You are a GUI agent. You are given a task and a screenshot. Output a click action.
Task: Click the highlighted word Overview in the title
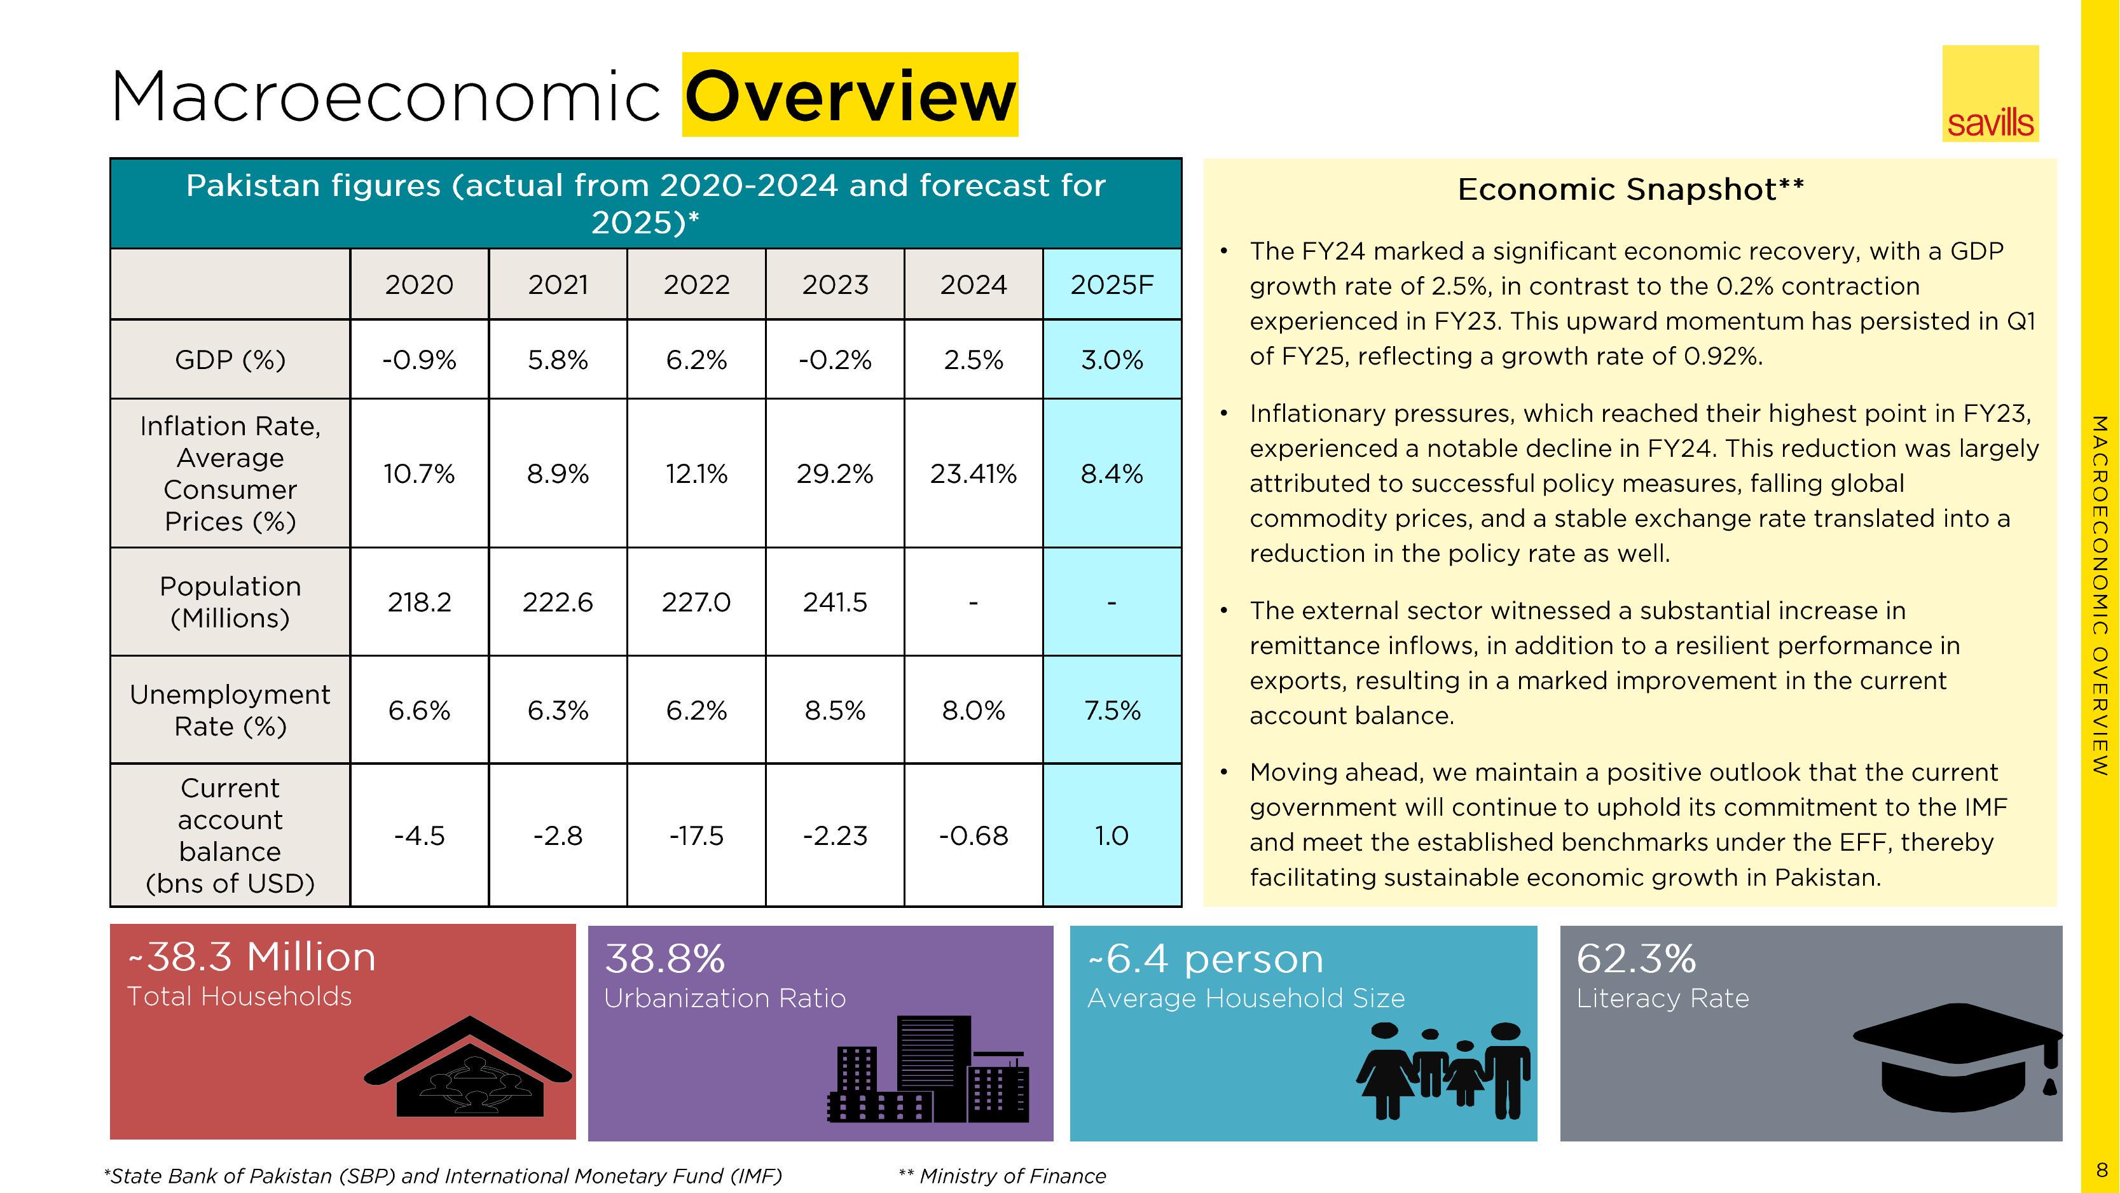pyautogui.click(x=850, y=95)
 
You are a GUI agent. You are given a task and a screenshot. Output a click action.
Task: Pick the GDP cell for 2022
pyautogui.click(x=696, y=359)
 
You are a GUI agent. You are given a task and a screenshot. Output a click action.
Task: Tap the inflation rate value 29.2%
pyautogui.click(x=834, y=474)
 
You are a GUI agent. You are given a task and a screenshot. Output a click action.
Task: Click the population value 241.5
pyautogui.click(x=834, y=603)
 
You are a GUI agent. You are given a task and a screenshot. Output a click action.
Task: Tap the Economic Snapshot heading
pyautogui.click(x=1630, y=190)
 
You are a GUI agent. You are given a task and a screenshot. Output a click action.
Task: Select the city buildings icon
pyautogui.click(x=928, y=1070)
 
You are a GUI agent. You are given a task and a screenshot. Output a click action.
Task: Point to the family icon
pyautogui.click(x=1443, y=1070)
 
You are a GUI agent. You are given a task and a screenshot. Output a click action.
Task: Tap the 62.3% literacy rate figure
pyautogui.click(x=1636, y=958)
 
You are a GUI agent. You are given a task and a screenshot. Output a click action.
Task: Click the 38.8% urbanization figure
pyautogui.click(x=664, y=958)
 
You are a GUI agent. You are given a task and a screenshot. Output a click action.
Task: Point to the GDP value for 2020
pyautogui.click(x=419, y=359)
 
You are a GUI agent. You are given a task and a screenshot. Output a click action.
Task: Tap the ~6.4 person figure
pyautogui.click(x=1205, y=958)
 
